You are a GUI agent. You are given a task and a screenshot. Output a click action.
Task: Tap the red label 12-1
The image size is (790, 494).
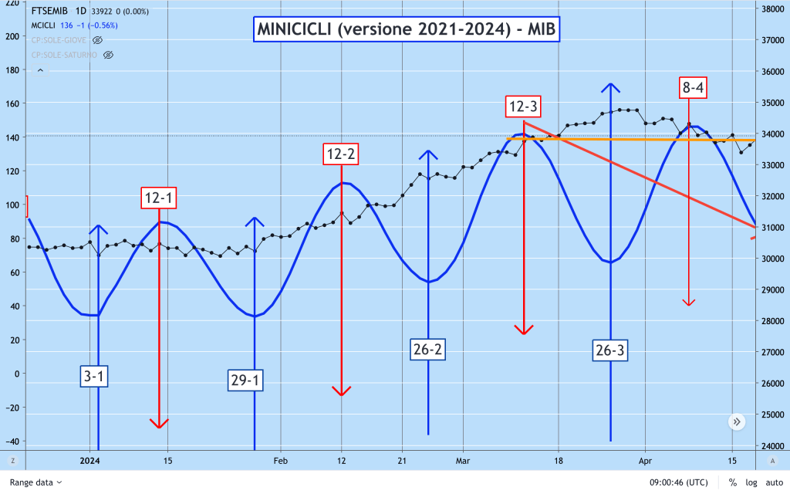click(160, 198)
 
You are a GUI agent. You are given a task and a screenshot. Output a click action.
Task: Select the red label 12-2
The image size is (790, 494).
click(341, 154)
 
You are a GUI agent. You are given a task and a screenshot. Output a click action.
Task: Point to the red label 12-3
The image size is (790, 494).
click(524, 106)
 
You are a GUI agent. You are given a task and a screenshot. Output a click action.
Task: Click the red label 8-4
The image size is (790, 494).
click(692, 88)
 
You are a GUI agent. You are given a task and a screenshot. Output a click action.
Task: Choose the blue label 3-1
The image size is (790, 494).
click(95, 377)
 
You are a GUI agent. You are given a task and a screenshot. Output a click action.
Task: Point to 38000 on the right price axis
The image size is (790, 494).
click(773, 9)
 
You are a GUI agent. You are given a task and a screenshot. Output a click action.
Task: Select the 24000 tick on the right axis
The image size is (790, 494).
click(773, 446)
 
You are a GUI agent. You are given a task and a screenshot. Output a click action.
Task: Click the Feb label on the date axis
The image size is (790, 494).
click(280, 461)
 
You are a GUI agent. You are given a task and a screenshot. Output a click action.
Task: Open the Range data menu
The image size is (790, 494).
click(35, 482)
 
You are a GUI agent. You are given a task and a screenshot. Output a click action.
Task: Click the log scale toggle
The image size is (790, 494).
click(751, 482)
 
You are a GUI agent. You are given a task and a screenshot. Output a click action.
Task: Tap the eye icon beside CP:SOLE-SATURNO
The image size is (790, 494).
click(108, 55)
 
